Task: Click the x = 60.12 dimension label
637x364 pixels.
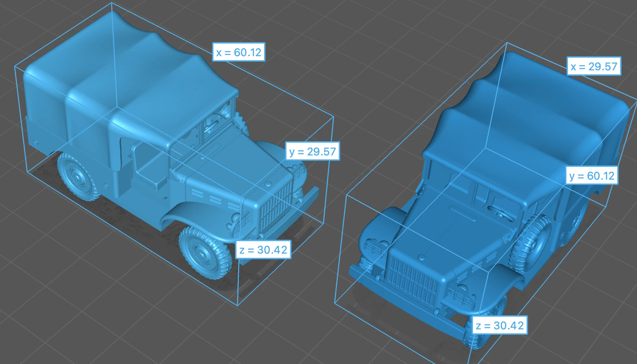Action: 239,52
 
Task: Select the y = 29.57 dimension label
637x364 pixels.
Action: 312,151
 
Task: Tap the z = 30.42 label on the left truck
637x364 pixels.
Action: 263,250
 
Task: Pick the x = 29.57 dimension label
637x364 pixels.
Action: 594,66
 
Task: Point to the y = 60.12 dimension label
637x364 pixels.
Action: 592,176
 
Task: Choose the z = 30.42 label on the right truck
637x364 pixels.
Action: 500,325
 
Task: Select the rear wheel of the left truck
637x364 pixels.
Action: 78,176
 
